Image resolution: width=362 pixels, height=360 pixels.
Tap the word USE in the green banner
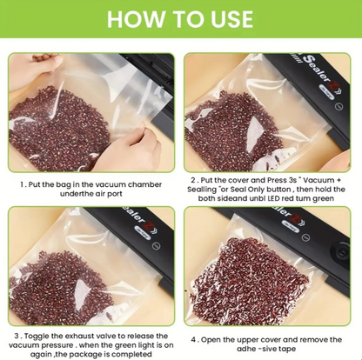[x=231, y=19]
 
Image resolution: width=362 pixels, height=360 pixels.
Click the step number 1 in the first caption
[x=22, y=184]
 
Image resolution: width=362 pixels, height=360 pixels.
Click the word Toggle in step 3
[x=37, y=337]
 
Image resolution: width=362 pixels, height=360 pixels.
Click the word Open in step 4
[x=211, y=340]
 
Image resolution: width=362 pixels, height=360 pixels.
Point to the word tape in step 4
[x=287, y=349]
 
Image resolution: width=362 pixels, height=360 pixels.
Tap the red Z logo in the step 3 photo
[x=151, y=226]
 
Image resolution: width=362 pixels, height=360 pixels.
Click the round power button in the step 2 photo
[x=339, y=107]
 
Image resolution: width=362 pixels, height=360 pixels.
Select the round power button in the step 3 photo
[x=157, y=246]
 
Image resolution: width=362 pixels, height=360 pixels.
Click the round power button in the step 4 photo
[x=305, y=237]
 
